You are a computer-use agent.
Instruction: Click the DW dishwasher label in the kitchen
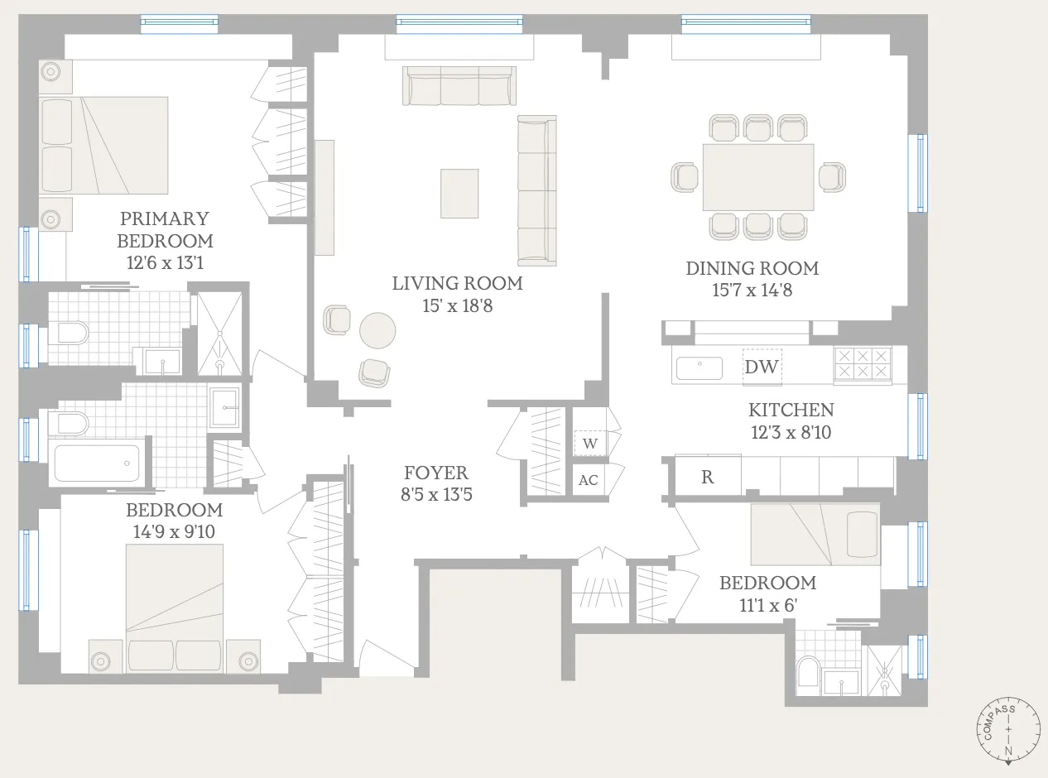762,367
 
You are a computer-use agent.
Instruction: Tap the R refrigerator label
707,477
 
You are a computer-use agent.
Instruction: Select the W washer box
590,443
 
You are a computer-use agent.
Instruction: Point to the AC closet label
589,480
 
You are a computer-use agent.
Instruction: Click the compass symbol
1008,730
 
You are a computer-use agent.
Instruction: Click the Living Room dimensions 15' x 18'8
458,305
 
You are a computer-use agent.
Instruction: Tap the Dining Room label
752,268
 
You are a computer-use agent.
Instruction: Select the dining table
758,177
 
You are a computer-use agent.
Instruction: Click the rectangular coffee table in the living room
459,194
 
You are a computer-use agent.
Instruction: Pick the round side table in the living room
377,331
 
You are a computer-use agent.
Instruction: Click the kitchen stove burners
863,363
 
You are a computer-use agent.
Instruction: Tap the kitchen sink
699,368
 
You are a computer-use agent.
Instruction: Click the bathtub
98,463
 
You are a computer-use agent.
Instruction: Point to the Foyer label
435,473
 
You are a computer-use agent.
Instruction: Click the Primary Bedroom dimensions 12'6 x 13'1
165,262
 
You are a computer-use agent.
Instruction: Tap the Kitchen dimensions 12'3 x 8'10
791,432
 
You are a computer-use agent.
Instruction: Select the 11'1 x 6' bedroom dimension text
768,605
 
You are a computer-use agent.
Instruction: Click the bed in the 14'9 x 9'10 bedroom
175,608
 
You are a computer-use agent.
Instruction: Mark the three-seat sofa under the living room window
459,86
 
